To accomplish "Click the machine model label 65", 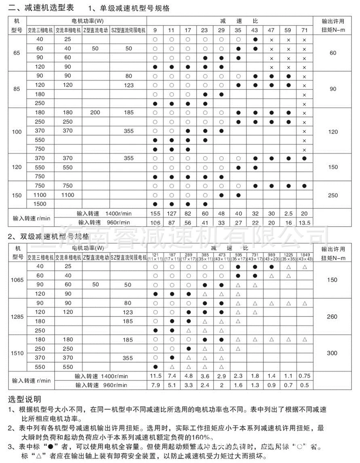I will pos(16,53).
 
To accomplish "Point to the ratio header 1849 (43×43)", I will pos(304,257).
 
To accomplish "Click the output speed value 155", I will pos(155,213).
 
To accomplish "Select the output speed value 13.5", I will pos(304,222).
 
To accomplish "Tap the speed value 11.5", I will pos(155,376).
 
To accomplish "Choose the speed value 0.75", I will pos(304,376).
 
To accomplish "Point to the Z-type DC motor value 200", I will pos(95,113).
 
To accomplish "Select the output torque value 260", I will pos(332,316).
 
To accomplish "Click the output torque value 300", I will pos(332,353).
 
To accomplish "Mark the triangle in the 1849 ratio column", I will pos(304,267).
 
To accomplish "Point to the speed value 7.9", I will pos(155,385).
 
